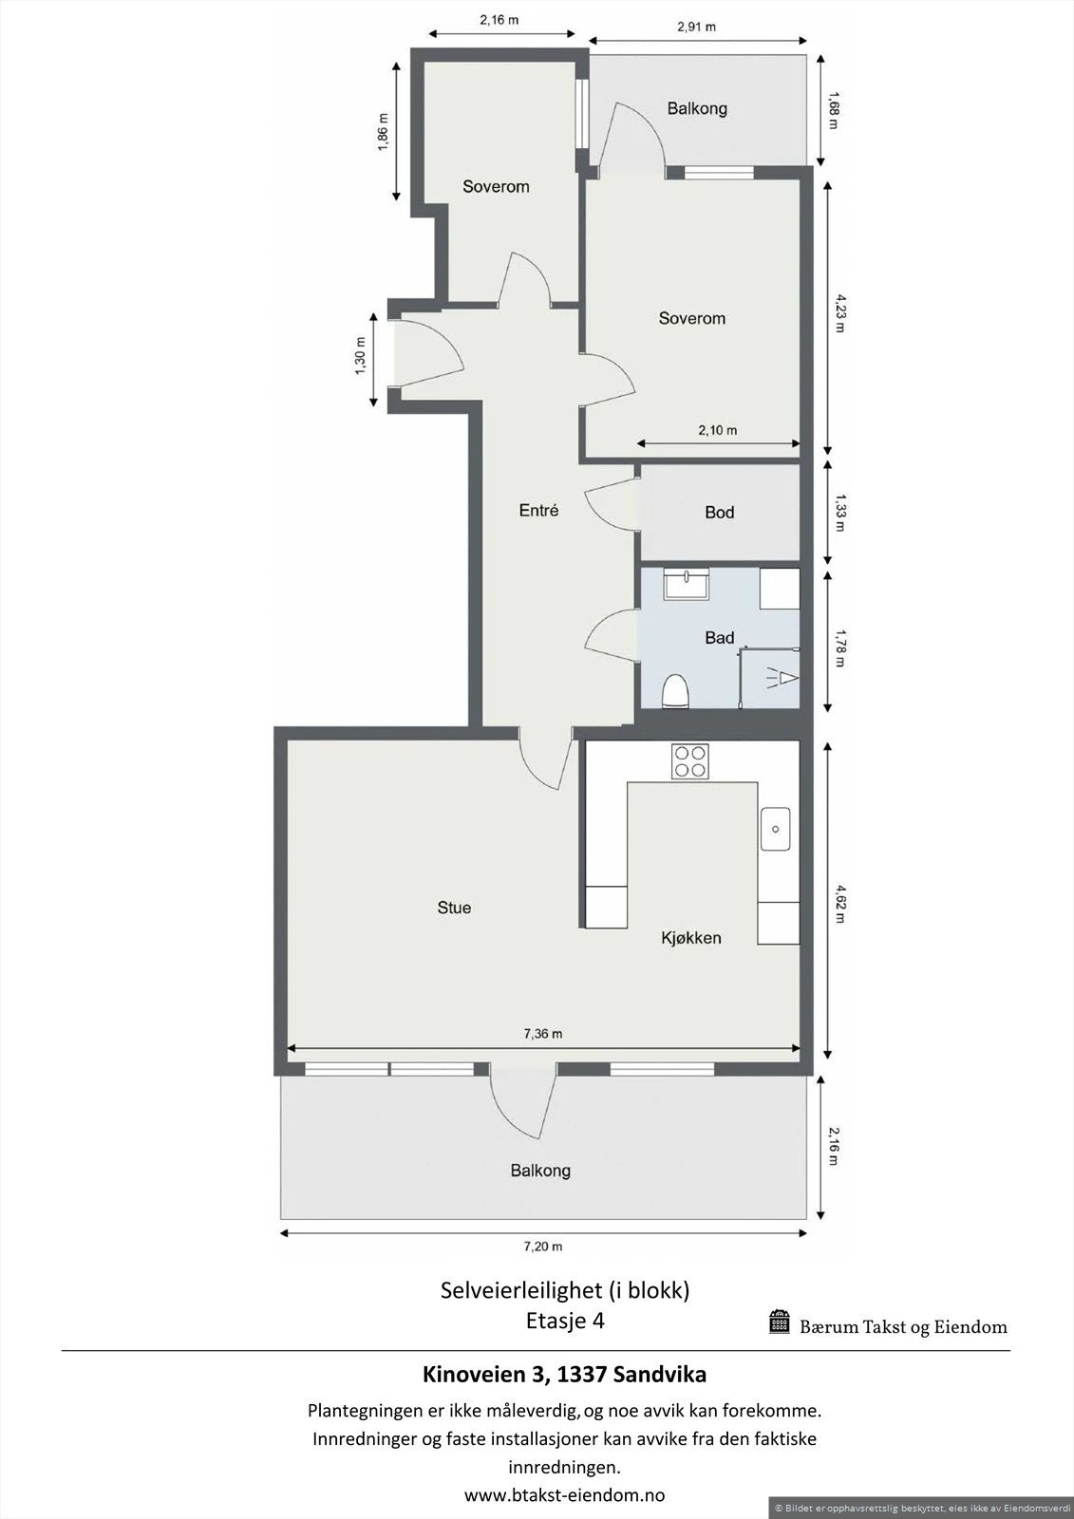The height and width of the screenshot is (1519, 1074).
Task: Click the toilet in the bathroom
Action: tap(675, 691)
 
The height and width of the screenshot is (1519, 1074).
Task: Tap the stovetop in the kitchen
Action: tap(690, 760)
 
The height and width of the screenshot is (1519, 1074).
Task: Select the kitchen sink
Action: tap(775, 828)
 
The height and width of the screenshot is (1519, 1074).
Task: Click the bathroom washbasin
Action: tap(685, 583)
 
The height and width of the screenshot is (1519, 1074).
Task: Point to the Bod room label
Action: tap(719, 513)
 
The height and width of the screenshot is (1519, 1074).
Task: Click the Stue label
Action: tap(454, 908)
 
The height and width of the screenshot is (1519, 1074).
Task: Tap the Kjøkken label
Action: tap(691, 938)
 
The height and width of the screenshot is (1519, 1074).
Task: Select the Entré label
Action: tap(538, 511)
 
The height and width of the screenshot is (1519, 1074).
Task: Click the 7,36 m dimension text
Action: tap(544, 1034)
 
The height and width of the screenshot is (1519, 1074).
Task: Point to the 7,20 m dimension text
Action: tap(544, 1247)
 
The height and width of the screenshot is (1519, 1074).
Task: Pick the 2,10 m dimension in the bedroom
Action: tap(718, 430)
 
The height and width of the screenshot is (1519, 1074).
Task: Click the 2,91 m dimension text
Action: tap(696, 27)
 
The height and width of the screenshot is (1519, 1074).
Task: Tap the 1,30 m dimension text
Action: tap(361, 357)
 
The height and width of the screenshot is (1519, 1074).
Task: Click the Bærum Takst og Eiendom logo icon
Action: tap(780, 1322)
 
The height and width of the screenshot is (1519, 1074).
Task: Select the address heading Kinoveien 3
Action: tap(564, 1374)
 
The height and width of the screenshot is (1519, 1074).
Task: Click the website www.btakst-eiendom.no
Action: tap(564, 1494)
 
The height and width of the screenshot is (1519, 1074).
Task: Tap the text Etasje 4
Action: tap(565, 1321)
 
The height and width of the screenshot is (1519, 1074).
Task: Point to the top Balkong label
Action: tap(697, 108)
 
